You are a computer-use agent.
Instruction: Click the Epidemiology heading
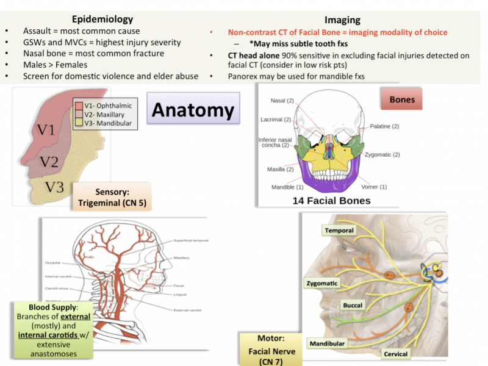click(102, 20)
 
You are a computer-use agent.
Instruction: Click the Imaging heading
click(342, 20)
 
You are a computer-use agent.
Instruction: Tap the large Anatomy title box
click(192, 110)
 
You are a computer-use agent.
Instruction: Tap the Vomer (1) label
click(375, 186)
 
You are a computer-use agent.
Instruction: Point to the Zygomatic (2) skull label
click(382, 154)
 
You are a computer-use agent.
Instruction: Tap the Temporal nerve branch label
click(339, 231)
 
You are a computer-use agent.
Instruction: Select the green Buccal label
click(352, 305)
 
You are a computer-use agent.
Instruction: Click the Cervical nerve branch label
click(395, 354)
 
